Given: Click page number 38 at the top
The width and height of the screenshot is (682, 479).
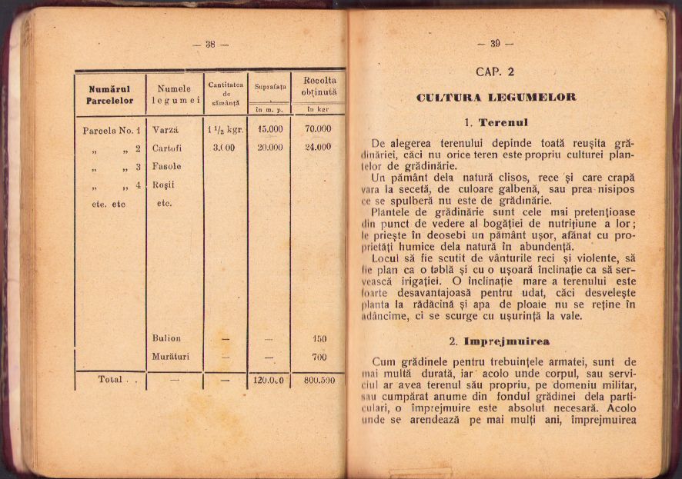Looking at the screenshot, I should pos(210,45).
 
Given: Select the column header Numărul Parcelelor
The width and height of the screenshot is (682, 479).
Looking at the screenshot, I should pos(110,95).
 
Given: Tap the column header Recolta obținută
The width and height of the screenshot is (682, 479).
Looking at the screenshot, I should pos(319,86).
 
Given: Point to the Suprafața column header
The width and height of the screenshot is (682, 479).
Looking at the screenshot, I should pos(270,87).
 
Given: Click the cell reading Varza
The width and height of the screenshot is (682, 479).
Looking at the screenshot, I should pos(165,129).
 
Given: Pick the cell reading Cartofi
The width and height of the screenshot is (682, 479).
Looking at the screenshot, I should pos(167,148).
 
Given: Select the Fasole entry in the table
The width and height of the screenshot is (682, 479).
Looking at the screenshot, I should pos(167,166).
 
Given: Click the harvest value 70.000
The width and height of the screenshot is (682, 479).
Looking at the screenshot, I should pos(318,129).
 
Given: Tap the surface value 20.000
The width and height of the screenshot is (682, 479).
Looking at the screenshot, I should pos(270,148).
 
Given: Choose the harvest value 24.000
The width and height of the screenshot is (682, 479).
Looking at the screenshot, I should pos(318,147).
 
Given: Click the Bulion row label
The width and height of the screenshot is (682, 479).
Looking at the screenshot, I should pos(166,338).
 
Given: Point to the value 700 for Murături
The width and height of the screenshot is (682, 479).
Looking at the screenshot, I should pos(319,357).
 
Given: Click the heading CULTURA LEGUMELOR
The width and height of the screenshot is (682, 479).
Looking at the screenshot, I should pos(496,98).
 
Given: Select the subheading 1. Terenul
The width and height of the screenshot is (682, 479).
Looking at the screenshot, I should pos(496,122).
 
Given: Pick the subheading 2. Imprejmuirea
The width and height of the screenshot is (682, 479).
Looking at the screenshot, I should pos(500,341).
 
